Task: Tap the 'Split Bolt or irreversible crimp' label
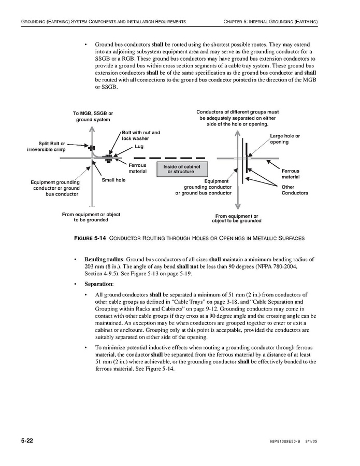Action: coord(51,146)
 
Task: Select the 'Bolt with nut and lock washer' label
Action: coord(141,135)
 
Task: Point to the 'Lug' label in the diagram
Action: coord(139,147)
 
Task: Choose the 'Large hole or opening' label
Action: coord(284,138)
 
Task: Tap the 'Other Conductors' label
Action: coord(294,190)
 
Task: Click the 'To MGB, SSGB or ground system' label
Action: coord(93,116)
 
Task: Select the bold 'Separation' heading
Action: coord(98,284)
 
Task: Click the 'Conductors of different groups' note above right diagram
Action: coord(237,118)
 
